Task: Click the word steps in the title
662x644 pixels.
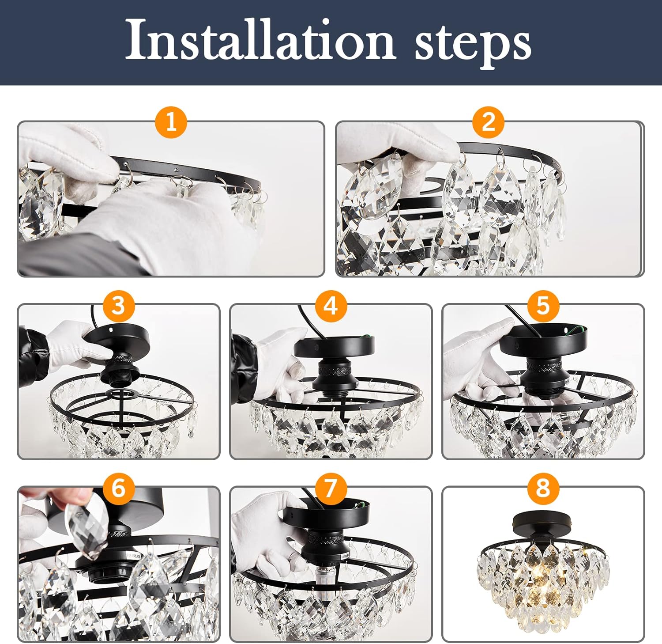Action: [472, 43]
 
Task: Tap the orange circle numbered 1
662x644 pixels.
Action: [171, 121]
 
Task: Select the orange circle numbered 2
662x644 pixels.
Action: [488, 121]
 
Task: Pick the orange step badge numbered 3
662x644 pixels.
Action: [118, 305]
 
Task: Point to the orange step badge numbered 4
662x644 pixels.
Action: [331, 305]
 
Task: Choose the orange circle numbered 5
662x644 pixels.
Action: [542, 305]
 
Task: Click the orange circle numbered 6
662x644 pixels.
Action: [118, 488]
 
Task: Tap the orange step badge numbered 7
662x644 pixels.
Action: [331, 488]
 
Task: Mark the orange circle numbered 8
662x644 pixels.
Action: [542, 488]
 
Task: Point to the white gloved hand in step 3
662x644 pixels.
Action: [71, 342]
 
